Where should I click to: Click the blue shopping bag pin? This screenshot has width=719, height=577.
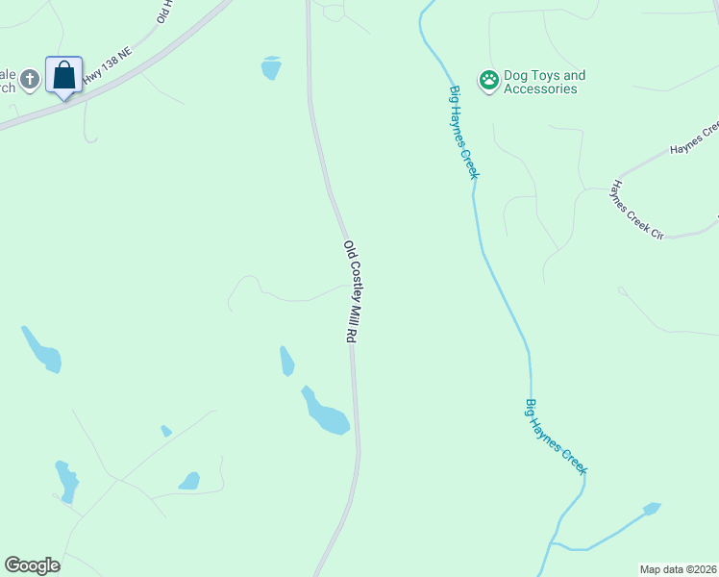click(x=63, y=76)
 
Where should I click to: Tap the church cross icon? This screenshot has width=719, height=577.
click(x=30, y=79)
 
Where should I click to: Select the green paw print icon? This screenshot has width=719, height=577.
click(x=489, y=81)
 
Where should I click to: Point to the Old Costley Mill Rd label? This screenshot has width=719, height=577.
click(x=351, y=291)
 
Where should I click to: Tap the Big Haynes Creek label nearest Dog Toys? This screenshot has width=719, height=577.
click(x=463, y=132)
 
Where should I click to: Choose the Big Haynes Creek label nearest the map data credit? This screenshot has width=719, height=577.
click(x=556, y=436)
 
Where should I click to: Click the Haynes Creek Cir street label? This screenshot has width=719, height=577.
click(x=637, y=210)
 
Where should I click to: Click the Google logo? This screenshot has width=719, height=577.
click(x=32, y=565)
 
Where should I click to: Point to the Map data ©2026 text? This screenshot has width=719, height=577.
click(x=678, y=569)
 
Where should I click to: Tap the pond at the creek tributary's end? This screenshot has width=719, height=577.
click(x=652, y=507)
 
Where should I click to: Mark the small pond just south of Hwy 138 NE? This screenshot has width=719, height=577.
click(x=271, y=67)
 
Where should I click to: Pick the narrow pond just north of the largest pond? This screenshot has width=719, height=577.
click(x=286, y=361)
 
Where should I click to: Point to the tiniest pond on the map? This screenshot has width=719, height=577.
click(x=166, y=431)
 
